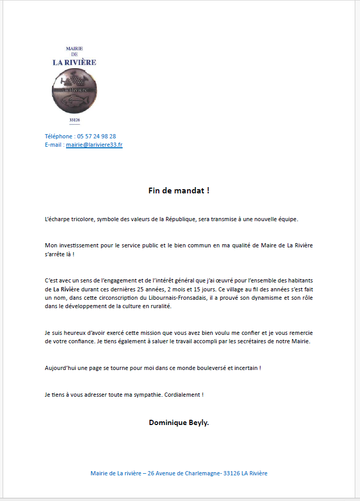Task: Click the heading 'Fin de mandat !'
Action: tap(179, 190)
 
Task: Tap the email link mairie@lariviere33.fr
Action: tap(94, 144)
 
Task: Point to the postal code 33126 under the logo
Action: tap(74, 120)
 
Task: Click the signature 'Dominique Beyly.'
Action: tap(179, 422)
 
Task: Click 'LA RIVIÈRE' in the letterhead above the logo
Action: tap(74, 62)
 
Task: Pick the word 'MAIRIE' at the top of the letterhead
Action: tap(74, 48)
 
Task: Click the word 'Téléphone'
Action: tap(59, 136)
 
